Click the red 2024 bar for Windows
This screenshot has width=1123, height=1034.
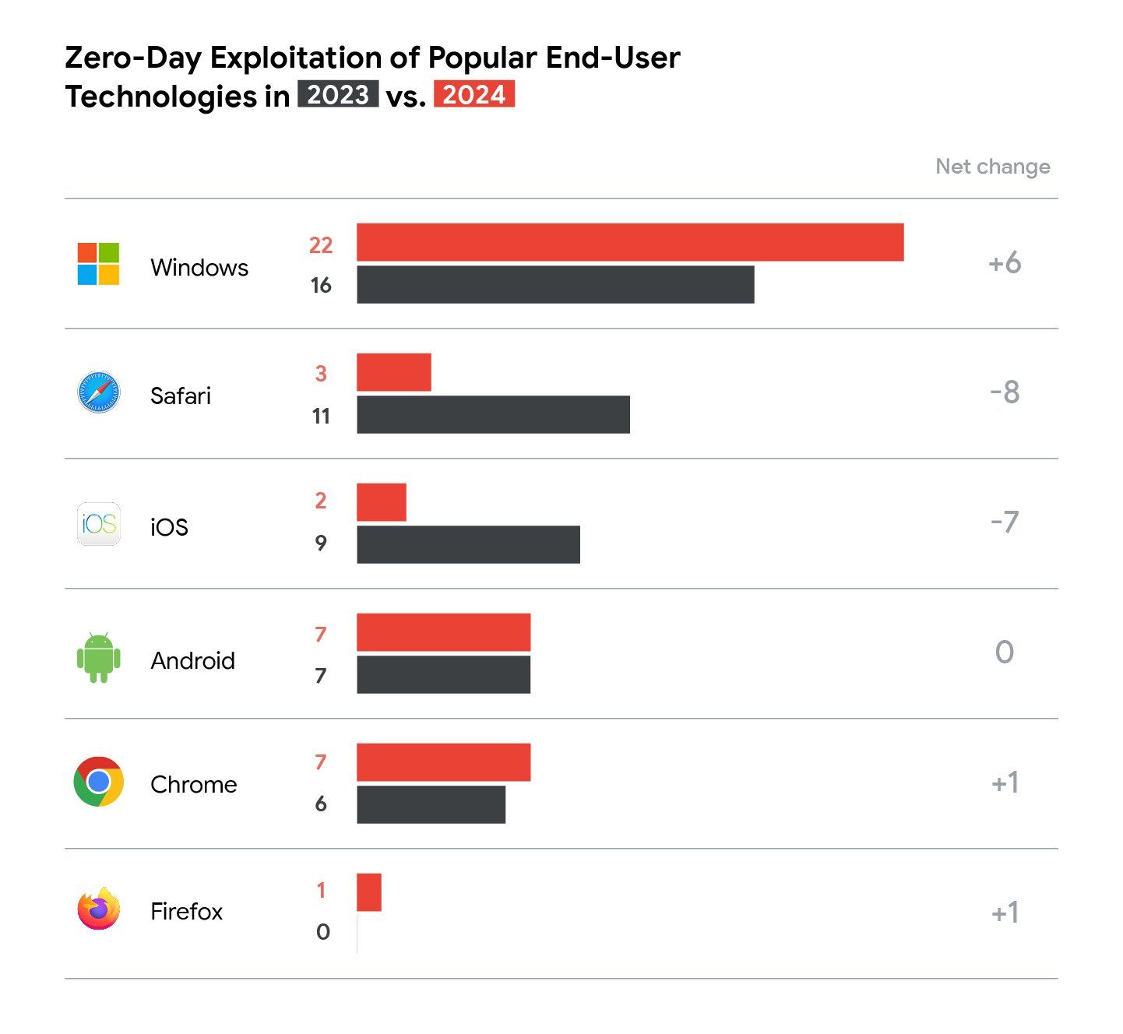point(629,242)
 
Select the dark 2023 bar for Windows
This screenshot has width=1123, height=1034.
point(555,284)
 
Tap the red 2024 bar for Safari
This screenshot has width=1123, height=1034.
point(393,372)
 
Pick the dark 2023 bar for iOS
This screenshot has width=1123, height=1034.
point(468,544)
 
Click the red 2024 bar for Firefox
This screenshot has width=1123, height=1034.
point(369,892)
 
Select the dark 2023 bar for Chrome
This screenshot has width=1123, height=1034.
point(431,804)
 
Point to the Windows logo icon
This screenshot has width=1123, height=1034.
point(98,264)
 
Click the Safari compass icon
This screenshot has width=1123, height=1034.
point(99,392)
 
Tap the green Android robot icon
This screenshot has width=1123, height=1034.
point(99,658)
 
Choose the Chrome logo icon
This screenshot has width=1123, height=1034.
point(99,782)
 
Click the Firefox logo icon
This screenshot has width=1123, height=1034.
point(99,909)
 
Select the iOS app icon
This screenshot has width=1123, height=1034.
point(99,524)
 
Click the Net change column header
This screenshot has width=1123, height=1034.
point(992,167)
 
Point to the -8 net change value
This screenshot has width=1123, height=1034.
point(1004,392)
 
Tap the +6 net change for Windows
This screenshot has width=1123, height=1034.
point(1004,263)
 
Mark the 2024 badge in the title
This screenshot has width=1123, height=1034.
point(473,94)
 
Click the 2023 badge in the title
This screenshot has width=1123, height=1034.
point(338,94)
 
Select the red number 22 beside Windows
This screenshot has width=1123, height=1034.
point(320,245)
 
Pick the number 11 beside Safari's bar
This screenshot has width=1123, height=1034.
point(320,417)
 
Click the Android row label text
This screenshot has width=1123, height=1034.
point(192,660)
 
